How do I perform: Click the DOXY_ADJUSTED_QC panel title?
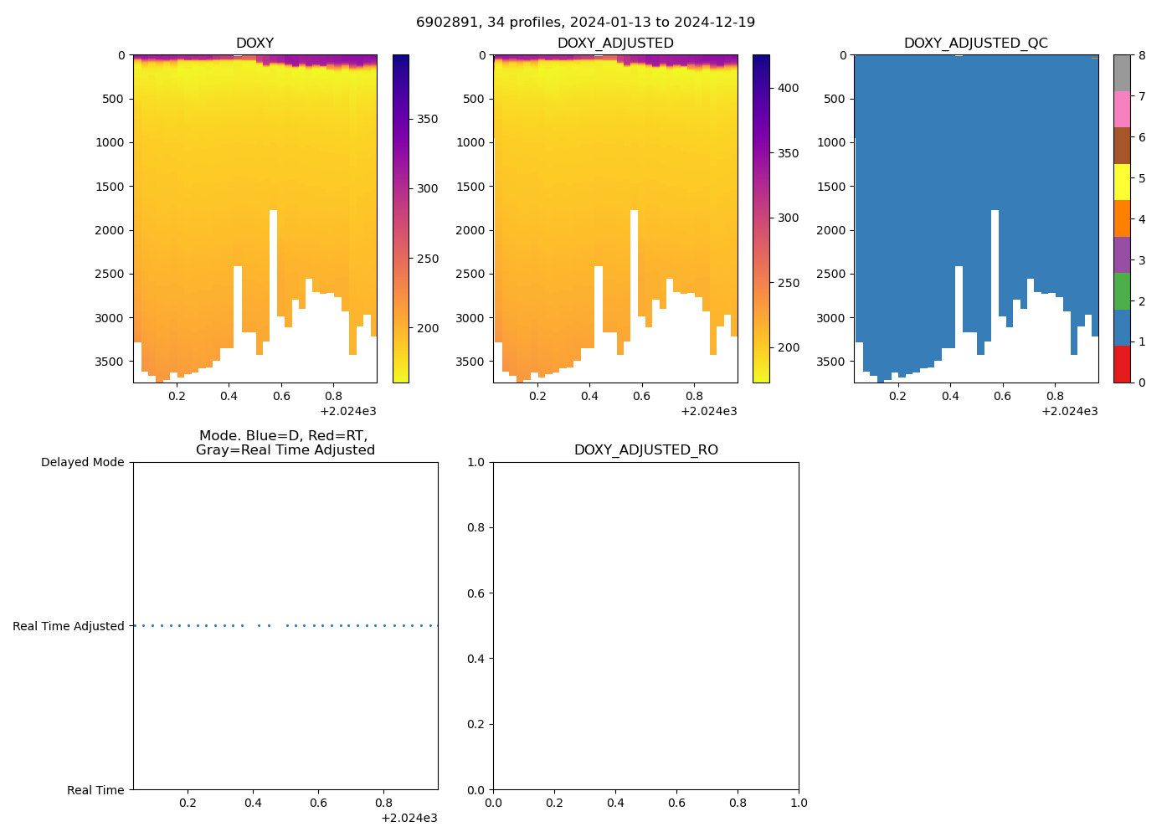click(976, 44)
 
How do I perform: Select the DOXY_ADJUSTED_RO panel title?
click(645, 450)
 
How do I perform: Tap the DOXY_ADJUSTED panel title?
click(615, 44)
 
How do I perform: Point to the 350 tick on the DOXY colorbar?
click(428, 119)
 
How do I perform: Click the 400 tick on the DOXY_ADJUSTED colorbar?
click(788, 88)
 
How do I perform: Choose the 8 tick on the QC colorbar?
click(1141, 55)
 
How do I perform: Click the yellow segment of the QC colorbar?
click(1122, 182)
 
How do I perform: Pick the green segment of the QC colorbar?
click(1122, 291)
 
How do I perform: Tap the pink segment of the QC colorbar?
click(1122, 110)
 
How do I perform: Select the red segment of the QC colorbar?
click(1122, 364)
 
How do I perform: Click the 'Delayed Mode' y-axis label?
click(82, 463)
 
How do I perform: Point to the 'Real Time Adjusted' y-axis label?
click(69, 626)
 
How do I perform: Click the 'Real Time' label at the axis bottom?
click(95, 790)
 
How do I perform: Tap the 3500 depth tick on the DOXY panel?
click(110, 362)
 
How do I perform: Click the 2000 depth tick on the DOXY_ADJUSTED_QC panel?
click(830, 230)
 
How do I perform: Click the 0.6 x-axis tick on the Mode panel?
click(318, 803)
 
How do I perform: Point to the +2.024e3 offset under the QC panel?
click(1070, 411)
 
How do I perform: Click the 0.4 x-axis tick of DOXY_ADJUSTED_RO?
click(615, 803)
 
